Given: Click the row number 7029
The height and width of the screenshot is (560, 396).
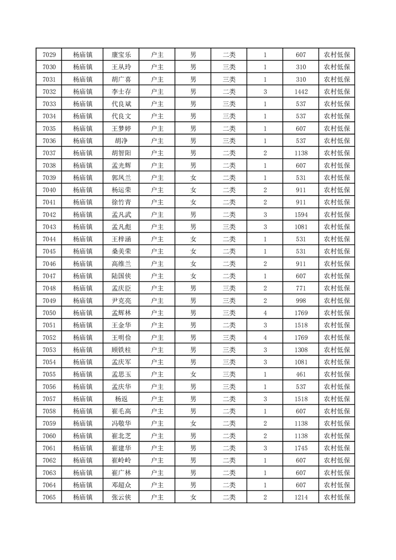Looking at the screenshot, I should pyautogui.click(x=49, y=55).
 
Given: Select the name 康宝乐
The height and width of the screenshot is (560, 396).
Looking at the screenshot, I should pyautogui.click(x=121, y=55).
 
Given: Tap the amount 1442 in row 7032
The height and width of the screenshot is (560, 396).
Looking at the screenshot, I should pyautogui.click(x=301, y=92).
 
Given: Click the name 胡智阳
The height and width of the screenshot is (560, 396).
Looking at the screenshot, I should pyautogui.click(x=121, y=153).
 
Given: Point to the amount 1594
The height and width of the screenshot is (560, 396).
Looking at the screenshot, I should pyautogui.click(x=301, y=215).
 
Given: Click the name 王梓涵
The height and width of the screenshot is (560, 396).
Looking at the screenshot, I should pyautogui.click(x=121, y=239).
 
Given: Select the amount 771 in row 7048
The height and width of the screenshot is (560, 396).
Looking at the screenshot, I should pyautogui.click(x=301, y=288).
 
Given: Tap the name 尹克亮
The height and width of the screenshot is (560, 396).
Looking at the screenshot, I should pyautogui.click(x=121, y=300).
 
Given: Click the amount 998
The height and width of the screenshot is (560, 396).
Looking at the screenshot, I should pyautogui.click(x=301, y=300).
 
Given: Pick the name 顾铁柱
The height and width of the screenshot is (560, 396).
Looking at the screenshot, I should pyautogui.click(x=121, y=349).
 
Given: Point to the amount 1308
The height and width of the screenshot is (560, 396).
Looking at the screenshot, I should pyautogui.click(x=301, y=349).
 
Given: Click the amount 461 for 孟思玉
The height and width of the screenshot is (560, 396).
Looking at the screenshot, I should pyautogui.click(x=301, y=374).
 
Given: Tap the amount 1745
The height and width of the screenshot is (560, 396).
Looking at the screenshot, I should pyautogui.click(x=301, y=448).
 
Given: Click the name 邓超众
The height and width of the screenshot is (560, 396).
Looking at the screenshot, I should pyautogui.click(x=121, y=485).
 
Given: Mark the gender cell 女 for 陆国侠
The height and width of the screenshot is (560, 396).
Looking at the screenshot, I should pyautogui.click(x=193, y=276).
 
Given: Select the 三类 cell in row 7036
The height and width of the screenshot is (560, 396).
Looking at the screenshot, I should pyautogui.click(x=229, y=141).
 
